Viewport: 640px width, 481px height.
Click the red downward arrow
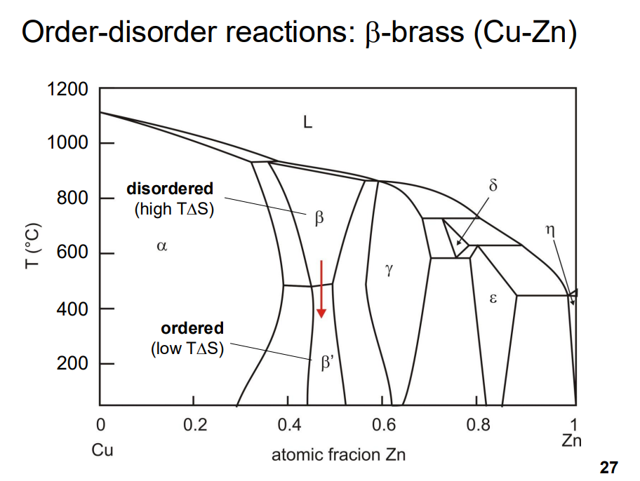pos(321,288)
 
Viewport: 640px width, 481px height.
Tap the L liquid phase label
pos(307,123)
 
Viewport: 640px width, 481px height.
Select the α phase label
pos(161,246)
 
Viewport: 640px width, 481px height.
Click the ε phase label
pos(493,299)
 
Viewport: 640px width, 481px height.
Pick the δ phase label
pos(493,187)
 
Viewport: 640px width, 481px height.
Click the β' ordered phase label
pos(328,363)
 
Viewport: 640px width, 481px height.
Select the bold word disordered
pos(170,189)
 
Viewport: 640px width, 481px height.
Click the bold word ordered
pos(192,328)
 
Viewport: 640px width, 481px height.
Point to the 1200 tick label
pos(67,90)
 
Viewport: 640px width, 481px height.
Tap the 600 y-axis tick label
pos(73,253)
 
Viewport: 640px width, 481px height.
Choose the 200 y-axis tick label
pos(73,364)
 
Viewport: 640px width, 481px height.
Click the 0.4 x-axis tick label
pos(288,425)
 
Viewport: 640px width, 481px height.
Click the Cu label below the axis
pos(102,449)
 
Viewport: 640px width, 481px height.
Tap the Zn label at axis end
pos(571,441)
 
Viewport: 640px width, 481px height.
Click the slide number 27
pos(608,467)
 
